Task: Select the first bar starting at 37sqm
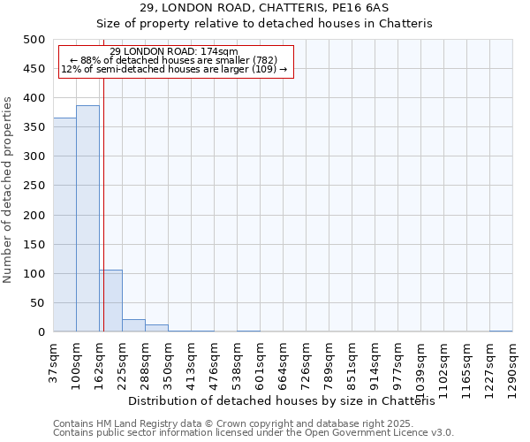click(x=64, y=225)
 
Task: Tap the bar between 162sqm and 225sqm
click(x=110, y=301)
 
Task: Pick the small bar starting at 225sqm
click(x=133, y=325)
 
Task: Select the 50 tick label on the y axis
click(x=39, y=303)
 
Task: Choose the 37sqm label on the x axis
click(x=53, y=362)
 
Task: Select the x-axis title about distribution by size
click(x=288, y=401)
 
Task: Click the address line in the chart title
click(x=264, y=8)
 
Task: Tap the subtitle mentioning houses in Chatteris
click(x=264, y=24)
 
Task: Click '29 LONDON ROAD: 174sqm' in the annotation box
click(x=174, y=51)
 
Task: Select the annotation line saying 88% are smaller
click(x=174, y=60)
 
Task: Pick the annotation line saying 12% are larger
click(x=174, y=69)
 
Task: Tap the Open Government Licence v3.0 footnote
click(x=254, y=433)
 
